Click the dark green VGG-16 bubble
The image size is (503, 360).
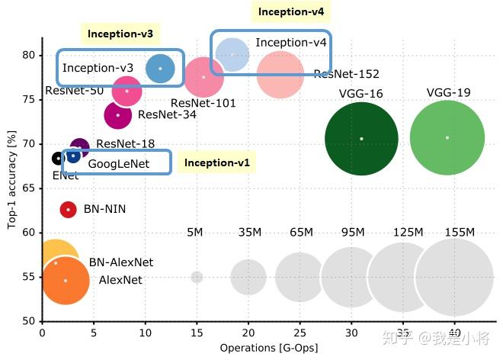click(361, 139)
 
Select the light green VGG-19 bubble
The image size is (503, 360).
click(447, 138)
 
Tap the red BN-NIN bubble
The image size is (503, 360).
click(68, 209)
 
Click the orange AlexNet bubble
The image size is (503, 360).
click(66, 280)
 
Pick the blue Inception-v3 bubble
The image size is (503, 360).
click(160, 69)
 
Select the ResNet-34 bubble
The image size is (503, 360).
click(118, 115)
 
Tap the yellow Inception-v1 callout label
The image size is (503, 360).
click(216, 162)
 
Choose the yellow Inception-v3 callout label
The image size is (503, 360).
click(120, 34)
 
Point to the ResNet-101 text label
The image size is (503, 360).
click(203, 103)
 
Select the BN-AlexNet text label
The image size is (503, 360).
click(121, 262)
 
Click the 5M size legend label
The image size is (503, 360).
click(196, 233)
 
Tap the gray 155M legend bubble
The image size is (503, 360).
click(454, 276)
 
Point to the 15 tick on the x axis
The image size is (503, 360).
click(197, 333)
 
